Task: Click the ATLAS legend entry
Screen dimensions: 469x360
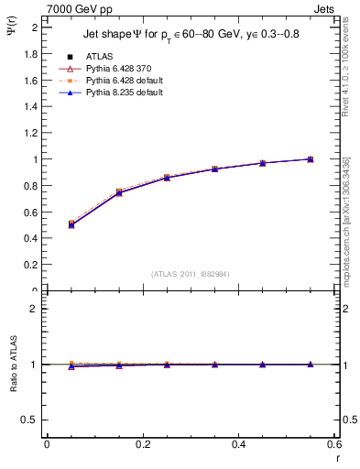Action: click(x=98, y=56)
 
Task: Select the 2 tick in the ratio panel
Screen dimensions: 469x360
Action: click(x=34, y=309)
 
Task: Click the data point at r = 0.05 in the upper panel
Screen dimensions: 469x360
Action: click(x=71, y=224)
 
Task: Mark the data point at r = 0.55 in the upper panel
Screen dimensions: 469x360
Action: click(x=311, y=159)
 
